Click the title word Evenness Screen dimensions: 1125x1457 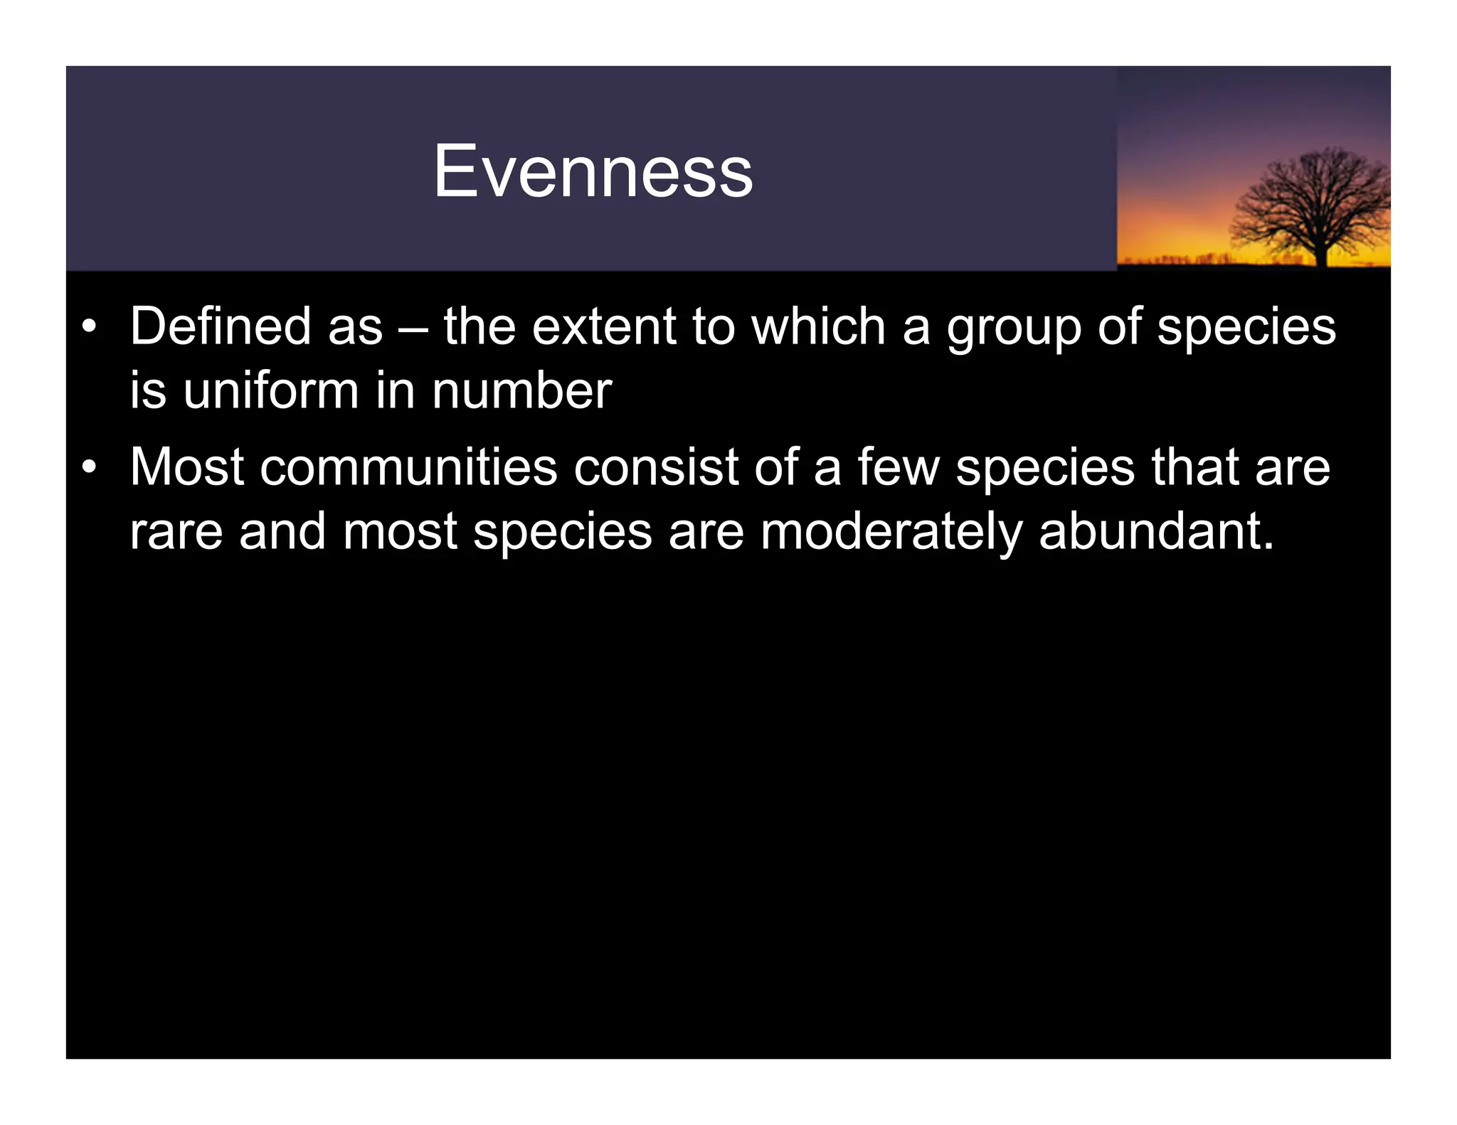(x=593, y=171)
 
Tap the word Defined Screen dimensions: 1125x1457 (x=221, y=326)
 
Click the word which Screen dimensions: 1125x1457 (x=818, y=326)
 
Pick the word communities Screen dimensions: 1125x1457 (x=408, y=467)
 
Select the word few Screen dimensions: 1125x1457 (x=898, y=467)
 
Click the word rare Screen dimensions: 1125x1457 (x=176, y=533)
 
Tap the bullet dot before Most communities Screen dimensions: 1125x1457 (x=88, y=468)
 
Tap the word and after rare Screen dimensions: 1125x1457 (x=282, y=531)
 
